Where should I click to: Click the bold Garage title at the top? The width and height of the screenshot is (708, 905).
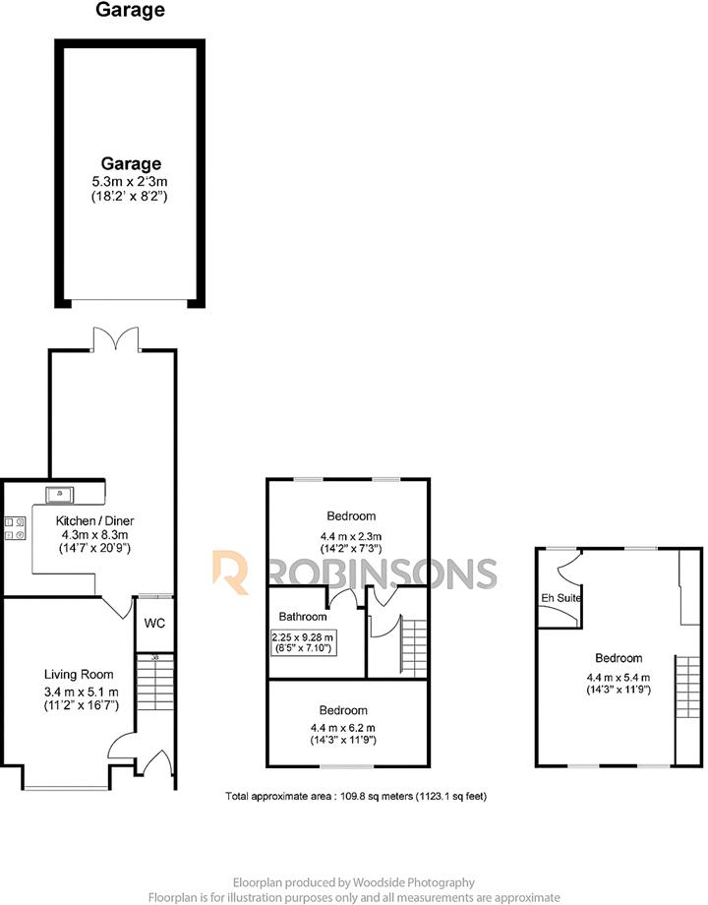[x=130, y=12]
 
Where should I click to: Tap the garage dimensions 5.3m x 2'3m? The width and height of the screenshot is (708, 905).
[x=130, y=180]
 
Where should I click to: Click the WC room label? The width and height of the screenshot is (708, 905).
[x=154, y=623]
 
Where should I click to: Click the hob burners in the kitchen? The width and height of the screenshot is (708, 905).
[x=14, y=528]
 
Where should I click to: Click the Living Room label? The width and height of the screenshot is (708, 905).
[x=79, y=674]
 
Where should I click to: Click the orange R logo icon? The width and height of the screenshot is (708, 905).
[x=230, y=572]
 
